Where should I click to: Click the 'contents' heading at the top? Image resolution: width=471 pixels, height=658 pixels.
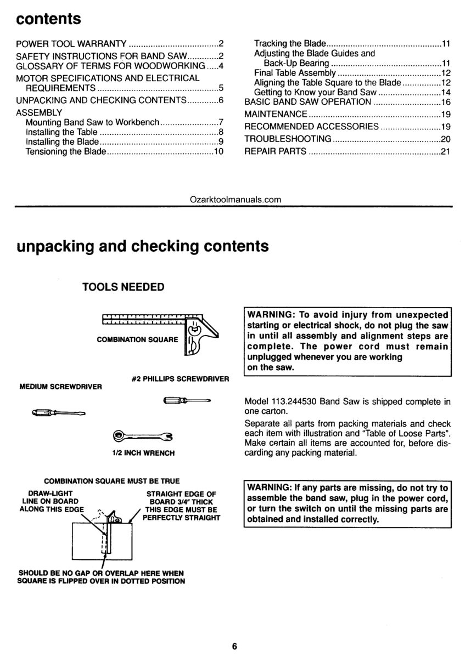(x=49, y=19)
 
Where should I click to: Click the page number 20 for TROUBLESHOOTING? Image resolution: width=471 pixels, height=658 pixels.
(x=445, y=139)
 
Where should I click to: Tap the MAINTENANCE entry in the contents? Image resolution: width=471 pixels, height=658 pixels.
(x=276, y=115)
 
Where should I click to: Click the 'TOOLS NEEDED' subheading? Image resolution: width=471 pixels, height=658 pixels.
(x=123, y=287)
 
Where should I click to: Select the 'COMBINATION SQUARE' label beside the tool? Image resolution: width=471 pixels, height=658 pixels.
(x=137, y=339)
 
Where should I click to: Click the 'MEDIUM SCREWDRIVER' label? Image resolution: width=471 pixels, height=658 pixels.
(x=60, y=387)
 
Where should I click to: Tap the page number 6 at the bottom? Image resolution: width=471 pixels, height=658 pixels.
(x=234, y=646)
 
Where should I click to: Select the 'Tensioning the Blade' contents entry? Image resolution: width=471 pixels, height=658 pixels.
(x=66, y=151)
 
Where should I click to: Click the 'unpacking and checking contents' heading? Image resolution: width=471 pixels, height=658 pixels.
(x=143, y=246)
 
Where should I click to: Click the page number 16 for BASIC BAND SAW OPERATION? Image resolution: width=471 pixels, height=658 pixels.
(x=445, y=102)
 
